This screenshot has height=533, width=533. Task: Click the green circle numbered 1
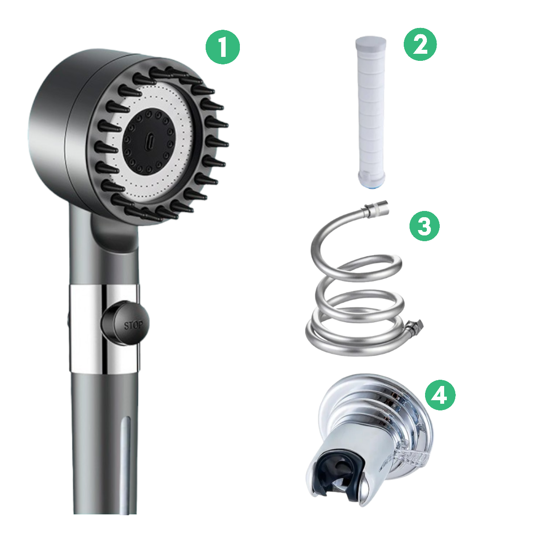222,48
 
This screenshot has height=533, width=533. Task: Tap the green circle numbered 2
420,44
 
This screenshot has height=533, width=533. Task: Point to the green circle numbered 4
440,394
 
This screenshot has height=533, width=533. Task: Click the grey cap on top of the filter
371,46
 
